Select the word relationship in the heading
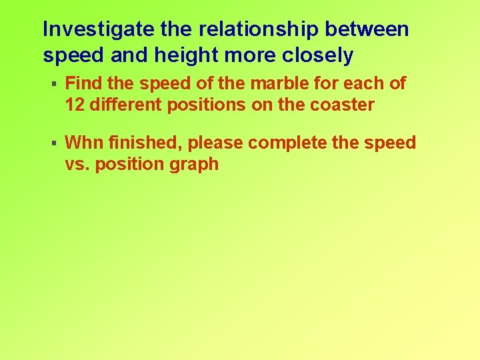[252, 29]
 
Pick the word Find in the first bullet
[84, 84]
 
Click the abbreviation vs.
[77, 165]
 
